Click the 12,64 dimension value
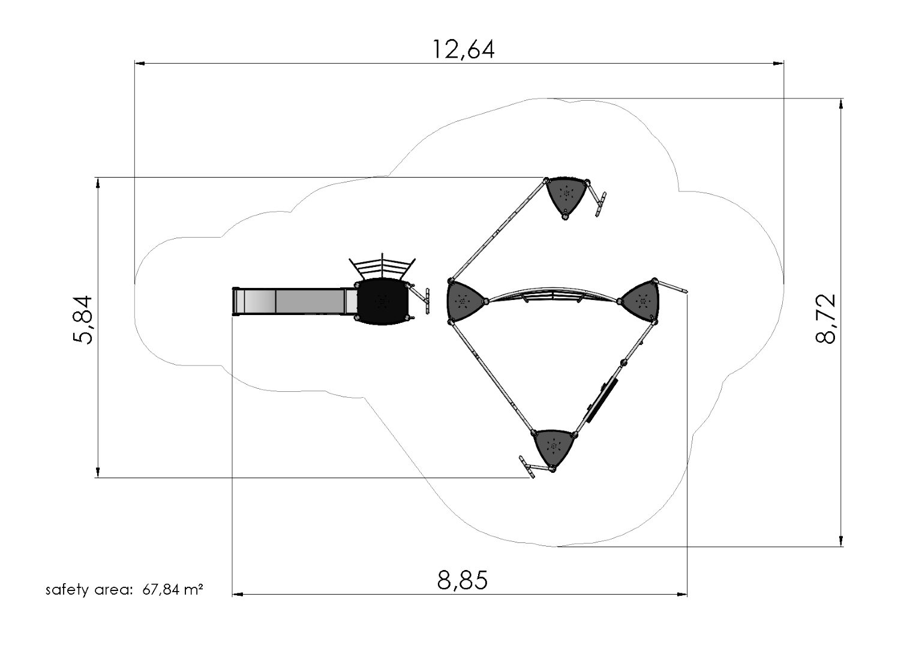(x=464, y=49)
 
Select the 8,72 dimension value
(x=826, y=319)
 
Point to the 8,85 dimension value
(x=462, y=580)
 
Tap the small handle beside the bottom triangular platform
(x=527, y=467)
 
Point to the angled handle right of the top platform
(x=600, y=204)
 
